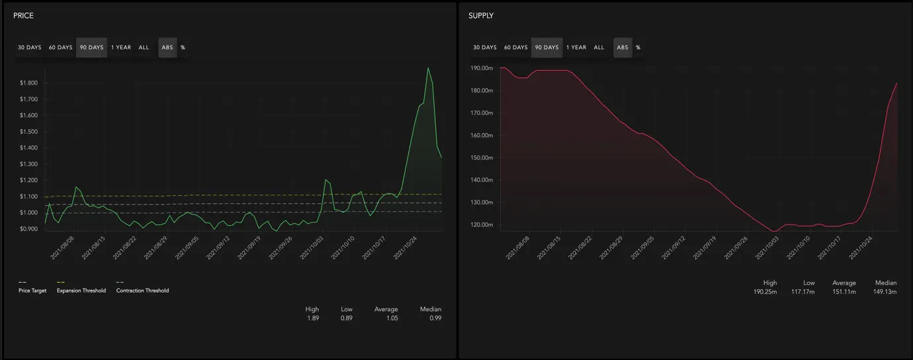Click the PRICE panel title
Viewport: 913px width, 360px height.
23,15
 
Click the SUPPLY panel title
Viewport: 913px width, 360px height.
481,15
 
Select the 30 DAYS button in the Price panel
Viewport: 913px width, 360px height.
29,47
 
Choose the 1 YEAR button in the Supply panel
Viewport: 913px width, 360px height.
576,47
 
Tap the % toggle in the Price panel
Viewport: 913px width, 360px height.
183,47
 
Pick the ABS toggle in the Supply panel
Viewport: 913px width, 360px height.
623,47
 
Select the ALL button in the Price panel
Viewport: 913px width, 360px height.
144,47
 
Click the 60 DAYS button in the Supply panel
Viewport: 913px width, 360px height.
515,47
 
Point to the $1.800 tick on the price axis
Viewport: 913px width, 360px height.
28,83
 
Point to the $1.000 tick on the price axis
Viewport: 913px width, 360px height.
28,212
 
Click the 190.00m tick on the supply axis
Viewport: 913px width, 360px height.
482,68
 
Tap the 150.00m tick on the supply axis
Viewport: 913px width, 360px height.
482,157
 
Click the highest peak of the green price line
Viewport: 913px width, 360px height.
428,68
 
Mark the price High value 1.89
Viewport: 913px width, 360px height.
313,318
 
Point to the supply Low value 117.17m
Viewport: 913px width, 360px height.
803,291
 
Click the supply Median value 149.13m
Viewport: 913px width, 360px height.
885,291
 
